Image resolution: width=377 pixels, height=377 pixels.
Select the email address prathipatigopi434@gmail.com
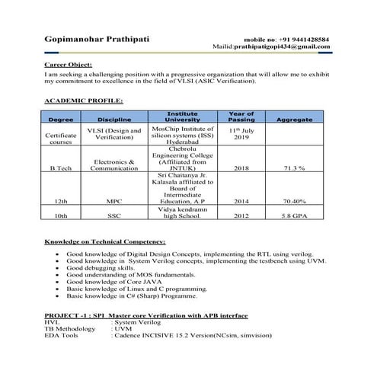(282, 46)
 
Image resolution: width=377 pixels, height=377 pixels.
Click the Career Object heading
(66, 66)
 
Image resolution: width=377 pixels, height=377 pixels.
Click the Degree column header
(60, 120)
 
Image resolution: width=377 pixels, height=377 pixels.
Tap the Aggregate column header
(294, 120)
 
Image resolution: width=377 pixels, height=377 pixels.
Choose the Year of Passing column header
(241, 117)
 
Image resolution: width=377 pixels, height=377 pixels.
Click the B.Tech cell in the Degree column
(60, 168)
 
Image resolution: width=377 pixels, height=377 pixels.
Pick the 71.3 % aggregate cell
(294, 168)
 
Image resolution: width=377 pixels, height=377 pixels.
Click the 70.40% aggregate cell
(294, 202)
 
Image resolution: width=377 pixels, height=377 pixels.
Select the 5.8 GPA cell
(294, 216)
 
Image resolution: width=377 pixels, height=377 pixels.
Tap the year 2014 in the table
(241, 202)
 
